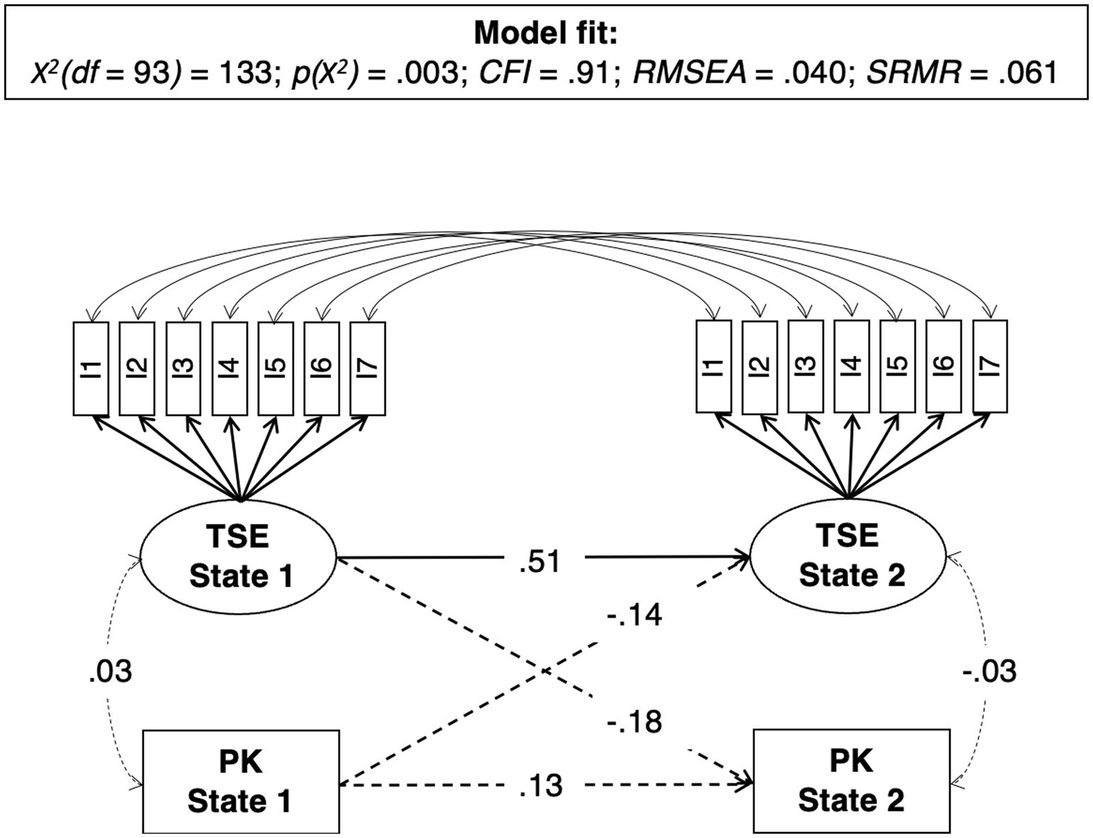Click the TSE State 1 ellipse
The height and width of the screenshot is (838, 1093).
(x=239, y=555)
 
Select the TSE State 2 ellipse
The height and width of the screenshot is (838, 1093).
(x=849, y=555)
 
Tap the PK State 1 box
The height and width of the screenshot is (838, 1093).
(x=241, y=781)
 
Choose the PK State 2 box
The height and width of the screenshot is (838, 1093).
(x=851, y=780)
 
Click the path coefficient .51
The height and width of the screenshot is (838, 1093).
(x=540, y=561)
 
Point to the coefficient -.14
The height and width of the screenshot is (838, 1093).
(x=634, y=614)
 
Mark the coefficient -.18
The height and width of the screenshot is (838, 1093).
(x=634, y=721)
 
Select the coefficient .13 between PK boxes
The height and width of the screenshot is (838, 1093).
(x=541, y=786)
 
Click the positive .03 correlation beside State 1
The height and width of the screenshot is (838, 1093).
(x=110, y=671)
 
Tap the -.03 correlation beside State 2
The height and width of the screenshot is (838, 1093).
(x=990, y=671)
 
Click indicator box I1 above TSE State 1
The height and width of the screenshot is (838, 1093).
(x=91, y=368)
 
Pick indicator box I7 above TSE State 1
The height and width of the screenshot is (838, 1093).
(x=368, y=368)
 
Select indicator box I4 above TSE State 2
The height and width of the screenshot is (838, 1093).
(x=852, y=366)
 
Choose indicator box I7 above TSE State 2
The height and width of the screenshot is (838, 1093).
(x=990, y=366)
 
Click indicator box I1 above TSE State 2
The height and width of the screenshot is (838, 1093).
(x=713, y=366)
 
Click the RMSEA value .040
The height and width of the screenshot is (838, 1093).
(x=814, y=73)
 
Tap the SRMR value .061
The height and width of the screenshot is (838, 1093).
(x=1027, y=73)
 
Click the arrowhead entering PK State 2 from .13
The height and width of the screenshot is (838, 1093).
(x=748, y=784)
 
